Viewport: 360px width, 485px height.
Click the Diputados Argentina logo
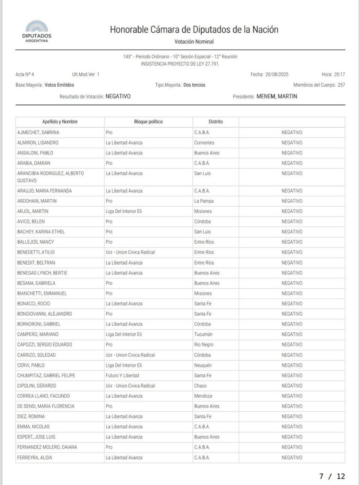tap(36, 32)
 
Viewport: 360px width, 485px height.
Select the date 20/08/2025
tap(277, 74)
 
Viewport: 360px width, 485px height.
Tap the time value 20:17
tap(339, 74)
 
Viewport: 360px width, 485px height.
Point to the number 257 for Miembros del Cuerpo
tap(341, 85)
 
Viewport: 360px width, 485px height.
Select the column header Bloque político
tap(148, 122)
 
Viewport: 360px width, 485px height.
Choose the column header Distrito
tap(215, 122)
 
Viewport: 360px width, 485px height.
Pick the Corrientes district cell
tap(204, 143)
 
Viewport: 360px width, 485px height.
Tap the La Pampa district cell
tap(203, 201)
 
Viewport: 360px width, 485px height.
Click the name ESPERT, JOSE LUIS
tap(36, 437)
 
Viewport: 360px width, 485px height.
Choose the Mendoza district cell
tap(203, 396)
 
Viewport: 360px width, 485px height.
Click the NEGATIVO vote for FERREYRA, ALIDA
tap(292, 458)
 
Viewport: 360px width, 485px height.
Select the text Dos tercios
tap(194, 85)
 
